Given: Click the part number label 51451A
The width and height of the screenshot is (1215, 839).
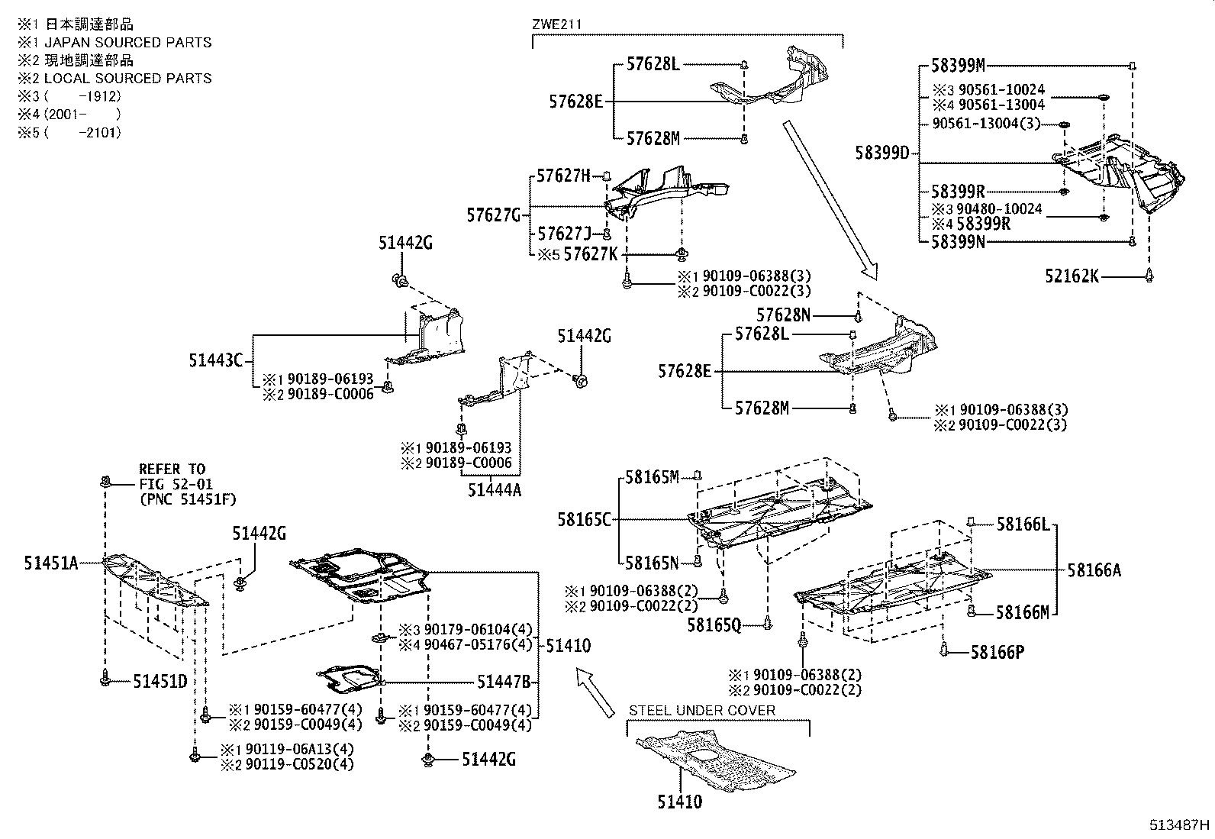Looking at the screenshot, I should pyautogui.click(x=50, y=563).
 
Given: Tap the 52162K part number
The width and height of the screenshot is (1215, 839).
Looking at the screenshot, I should pyautogui.click(x=1072, y=276).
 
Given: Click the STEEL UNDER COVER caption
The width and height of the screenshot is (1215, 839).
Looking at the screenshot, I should pyautogui.click(x=701, y=710).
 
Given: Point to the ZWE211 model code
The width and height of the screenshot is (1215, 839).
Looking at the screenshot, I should pyautogui.click(x=556, y=24).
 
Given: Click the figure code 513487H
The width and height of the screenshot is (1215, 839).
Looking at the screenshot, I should pyautogui.click(x=1180, y=824).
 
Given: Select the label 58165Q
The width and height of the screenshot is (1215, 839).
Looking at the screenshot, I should pyautogui.click(x=714, y=625).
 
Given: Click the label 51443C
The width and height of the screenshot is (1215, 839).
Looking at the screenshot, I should pyautogui.click(x=216, y=360).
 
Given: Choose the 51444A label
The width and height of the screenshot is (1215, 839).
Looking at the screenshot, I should pyautogui.click(x=495, y=490).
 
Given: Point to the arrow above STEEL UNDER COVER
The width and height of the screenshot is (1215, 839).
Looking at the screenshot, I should pyautogui.click(x=595, y=692).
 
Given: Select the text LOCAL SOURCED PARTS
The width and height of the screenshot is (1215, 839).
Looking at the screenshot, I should pyautogui.click(x=127, y=78).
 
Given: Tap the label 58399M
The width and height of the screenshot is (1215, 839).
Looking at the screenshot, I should pyautogui.click(x=958, y=66).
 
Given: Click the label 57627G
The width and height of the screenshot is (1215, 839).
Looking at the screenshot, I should pyautogui.click(x=494, y=216).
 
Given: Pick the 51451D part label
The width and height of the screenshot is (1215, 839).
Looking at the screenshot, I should pyautogui.click(x=160, y=681).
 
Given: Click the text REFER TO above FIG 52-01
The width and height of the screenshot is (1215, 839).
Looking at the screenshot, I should pyautogui.click(x=172, y=469).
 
